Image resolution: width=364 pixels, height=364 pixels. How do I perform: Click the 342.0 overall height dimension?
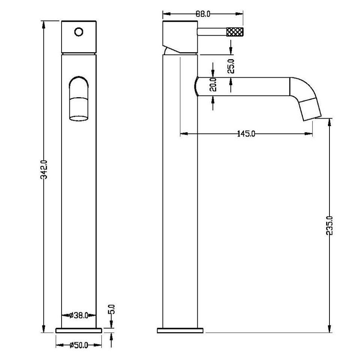[44, 170]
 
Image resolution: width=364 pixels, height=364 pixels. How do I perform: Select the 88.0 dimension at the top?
[203, 14]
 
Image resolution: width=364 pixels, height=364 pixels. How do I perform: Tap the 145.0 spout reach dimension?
[246, 134]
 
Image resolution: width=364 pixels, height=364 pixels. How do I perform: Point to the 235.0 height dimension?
[329, 226]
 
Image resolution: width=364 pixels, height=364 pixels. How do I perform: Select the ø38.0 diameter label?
[79, 315]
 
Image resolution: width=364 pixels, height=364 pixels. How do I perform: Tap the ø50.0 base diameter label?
[79, 345]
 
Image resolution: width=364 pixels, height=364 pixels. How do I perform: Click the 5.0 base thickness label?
[112, 309]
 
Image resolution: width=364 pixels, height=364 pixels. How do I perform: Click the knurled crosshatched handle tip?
[235, 32]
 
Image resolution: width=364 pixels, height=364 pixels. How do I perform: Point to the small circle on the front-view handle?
[79, 32]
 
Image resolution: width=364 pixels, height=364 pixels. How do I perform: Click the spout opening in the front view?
[79, 118]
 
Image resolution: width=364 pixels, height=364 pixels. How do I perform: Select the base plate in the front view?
[79, 330]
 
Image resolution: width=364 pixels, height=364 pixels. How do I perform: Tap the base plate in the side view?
[180, 330]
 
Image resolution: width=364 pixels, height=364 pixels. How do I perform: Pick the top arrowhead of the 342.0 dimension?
[44, 24]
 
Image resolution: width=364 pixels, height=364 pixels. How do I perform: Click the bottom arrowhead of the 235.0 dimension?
[329, 329]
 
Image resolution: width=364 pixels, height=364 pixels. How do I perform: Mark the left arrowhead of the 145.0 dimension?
[184, 134]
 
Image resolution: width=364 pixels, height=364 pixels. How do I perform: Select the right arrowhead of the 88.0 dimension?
[239, 14]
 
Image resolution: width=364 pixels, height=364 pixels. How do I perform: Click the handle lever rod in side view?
[212, 32]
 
